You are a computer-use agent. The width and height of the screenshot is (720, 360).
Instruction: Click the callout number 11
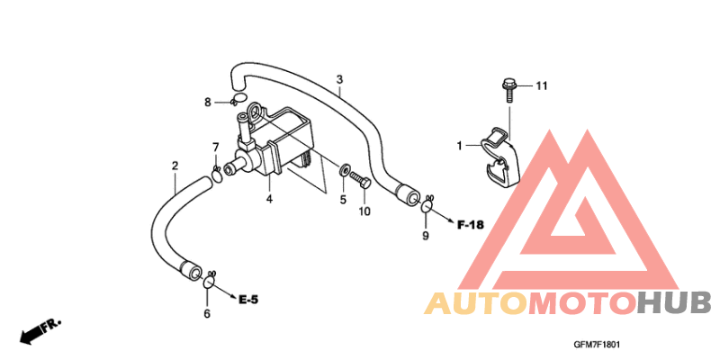tap(542, 85)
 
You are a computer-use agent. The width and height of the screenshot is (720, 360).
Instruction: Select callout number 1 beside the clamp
tap(459, 146)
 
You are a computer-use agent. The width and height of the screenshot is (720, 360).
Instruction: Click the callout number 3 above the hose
tap(339, 79)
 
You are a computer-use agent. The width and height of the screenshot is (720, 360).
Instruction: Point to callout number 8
tap(208, 103)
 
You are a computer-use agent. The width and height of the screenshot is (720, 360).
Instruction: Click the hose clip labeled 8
tap(238, 98)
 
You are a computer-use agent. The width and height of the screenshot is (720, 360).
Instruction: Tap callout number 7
tap(215, 147)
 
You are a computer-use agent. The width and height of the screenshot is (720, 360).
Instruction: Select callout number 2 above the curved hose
tap(175, 166)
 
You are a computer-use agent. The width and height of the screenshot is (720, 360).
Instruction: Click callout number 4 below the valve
tap(269, 199)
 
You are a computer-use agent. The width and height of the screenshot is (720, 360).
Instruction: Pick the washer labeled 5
tap(344, 171)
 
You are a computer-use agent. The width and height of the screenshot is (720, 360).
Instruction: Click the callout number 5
tap(343, 200)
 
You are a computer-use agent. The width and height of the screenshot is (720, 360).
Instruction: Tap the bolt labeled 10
tap(361, 180)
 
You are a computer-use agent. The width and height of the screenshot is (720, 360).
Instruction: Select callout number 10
tap(364, 211)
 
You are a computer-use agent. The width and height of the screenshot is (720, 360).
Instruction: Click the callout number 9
tap(425, 236)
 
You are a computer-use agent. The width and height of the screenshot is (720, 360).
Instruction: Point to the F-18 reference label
tap(471, 225)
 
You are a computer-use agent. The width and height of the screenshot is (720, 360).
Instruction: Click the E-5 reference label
tap(248, 301)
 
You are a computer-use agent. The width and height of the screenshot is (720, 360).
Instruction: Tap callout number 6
tap(207, 313)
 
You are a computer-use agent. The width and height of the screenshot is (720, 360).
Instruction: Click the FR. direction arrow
tap(40, 331)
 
